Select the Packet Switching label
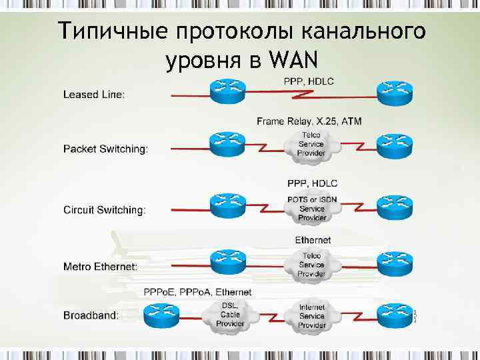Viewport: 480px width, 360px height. pyautogui.click(x=105, y=149)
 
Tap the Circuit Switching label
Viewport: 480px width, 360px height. pyautogui.click(x=104, y=210)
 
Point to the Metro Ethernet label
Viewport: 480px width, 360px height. pyautogui.click(x=101, y=266)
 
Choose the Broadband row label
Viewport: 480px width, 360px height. pyautogui.click(x=91, y=315)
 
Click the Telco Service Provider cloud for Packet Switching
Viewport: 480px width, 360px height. pyautogui.click(x=311, y=145)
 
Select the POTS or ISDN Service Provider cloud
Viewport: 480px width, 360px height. pyautogui.click(x=311, y=208)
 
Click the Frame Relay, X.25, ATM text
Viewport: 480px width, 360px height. pyautogui.click(x=309, y=121)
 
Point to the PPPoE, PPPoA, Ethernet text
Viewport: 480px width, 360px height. pyautogui.click(x=197, y=292)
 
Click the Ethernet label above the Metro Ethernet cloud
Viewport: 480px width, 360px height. pyautogui.click(x=313, y=239)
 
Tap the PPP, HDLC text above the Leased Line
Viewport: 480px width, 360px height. pyautogui.click(x=311, y=81)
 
